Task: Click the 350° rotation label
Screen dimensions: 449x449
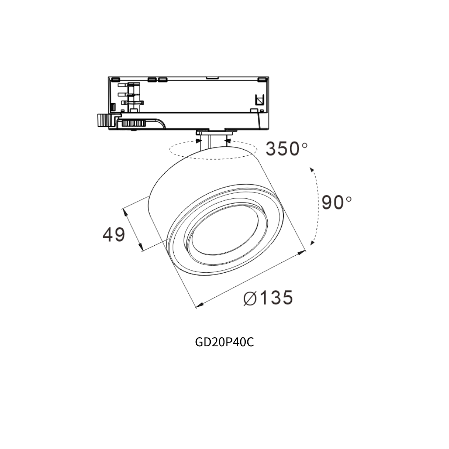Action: [286, 148]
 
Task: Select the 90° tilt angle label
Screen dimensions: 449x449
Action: [336, 202]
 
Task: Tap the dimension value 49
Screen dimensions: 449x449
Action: [114, 234]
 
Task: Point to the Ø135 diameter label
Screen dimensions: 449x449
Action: [268, 298]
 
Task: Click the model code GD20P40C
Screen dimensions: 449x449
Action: [224, 342]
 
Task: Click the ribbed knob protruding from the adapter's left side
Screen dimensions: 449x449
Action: [104, 120]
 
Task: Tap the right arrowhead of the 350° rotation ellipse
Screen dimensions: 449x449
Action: [228, 141]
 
